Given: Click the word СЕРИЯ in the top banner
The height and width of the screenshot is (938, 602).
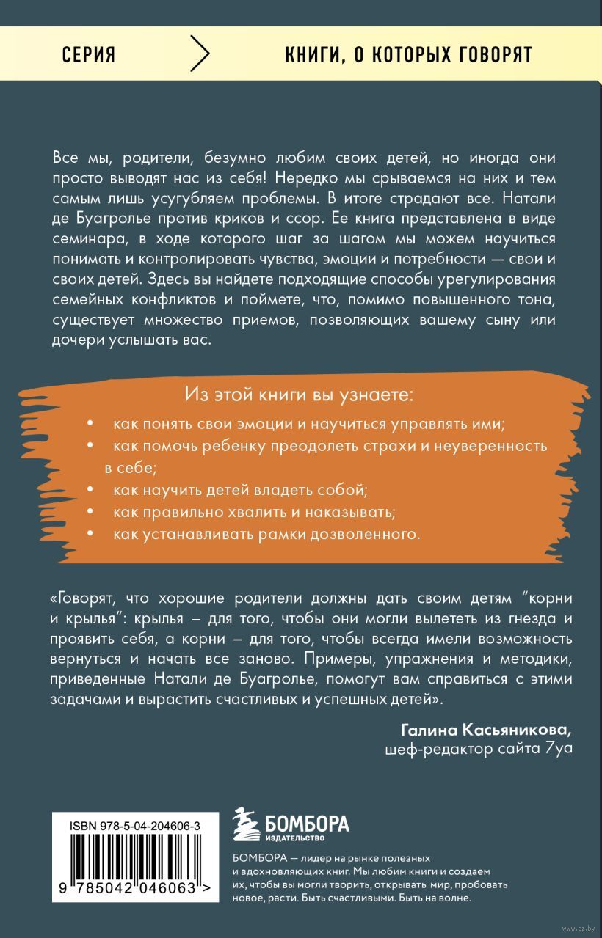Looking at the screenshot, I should pyautogui.click(x=89, y=56).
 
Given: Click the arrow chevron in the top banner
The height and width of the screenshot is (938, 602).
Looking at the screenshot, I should pyautogui.click(x=200, y=55).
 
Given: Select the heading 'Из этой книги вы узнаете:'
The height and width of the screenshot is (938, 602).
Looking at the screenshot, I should pyautogui.click(x=300, y=396).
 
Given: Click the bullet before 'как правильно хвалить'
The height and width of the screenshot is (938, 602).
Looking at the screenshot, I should pyautogui.click(x=90, y=511).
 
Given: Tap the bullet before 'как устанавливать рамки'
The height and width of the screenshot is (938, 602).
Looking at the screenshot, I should pyautogui.click(x=90, y=533).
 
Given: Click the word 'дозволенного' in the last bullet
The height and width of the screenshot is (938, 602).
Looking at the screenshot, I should pyautogui.click(x=373, y=533).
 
